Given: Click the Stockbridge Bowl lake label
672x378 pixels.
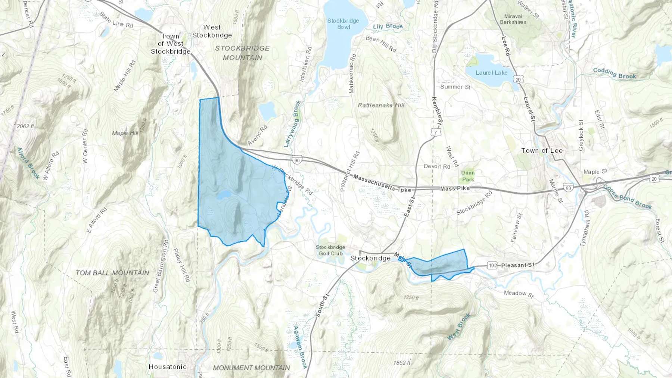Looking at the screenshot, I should tap(343, 24).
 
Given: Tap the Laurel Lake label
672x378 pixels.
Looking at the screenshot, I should tap(491, 73).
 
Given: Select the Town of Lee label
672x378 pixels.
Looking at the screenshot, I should tap(542, 151).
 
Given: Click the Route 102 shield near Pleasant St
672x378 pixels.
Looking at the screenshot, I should tap(493, 265).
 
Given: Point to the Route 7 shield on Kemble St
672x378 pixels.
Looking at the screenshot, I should tap(435, 132).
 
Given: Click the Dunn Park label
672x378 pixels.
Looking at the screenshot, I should tap(468, 176).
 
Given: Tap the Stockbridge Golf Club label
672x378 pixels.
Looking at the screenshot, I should tap(330, 250).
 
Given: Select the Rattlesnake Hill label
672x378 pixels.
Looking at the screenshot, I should tap(381, 105).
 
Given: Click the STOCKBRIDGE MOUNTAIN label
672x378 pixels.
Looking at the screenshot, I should tap(242, 53).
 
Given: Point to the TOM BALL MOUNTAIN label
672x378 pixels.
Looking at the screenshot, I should tap(112, 273).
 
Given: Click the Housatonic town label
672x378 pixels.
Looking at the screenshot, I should tap(167, 367).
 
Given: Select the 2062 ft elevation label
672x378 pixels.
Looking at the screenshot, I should tap(25, 126).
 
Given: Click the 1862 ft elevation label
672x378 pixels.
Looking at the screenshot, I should tap(402, 363).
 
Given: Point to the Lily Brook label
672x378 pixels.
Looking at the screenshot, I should tap(388, 26).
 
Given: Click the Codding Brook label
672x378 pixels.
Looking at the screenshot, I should tap(614, 74).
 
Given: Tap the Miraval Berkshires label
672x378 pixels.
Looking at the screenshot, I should tap(513, 19).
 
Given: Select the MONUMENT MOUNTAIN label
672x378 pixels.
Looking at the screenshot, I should tap(251, 368).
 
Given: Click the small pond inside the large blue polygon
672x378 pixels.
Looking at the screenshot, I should tap(224, 195).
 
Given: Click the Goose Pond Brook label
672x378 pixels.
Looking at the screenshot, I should tap(627, 197).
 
